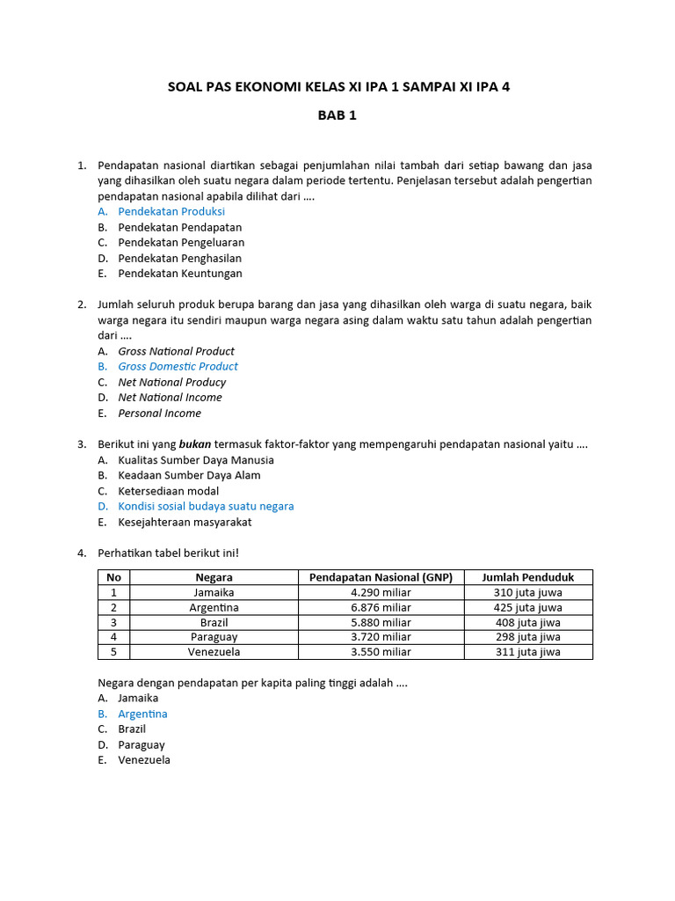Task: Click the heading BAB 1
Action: (337, 115)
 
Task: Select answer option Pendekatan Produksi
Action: (171, 211)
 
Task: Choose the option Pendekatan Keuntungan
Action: (180, 274)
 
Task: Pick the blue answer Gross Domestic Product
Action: (178, 366)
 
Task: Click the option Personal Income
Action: (159, 413)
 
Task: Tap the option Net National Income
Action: (170, 397)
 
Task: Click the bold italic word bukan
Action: (196, 444)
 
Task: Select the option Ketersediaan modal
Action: (169, 491)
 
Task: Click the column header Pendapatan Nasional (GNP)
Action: (381, 577)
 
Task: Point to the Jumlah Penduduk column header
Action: (527, 577)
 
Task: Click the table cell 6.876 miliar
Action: (381, 607)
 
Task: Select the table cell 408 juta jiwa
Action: (527, 622)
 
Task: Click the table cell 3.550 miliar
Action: (381, 652)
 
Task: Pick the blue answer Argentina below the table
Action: (142, 714)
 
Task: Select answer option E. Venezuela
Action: (144, 760)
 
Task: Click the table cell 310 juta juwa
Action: (527, 592)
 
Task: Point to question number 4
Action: (82, 553)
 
